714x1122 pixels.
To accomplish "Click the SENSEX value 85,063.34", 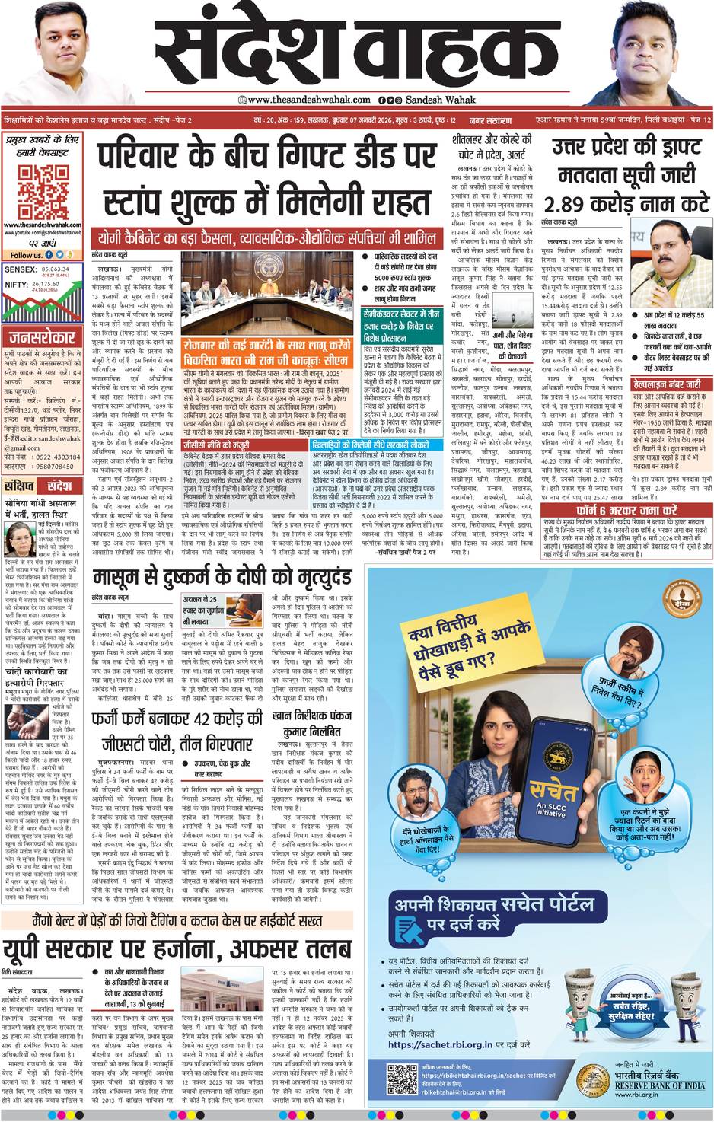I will click(x=56, y=269).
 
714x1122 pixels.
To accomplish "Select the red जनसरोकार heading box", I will click(x=42, y=336).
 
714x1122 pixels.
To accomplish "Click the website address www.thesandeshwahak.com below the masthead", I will click(x=308, y=100).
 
